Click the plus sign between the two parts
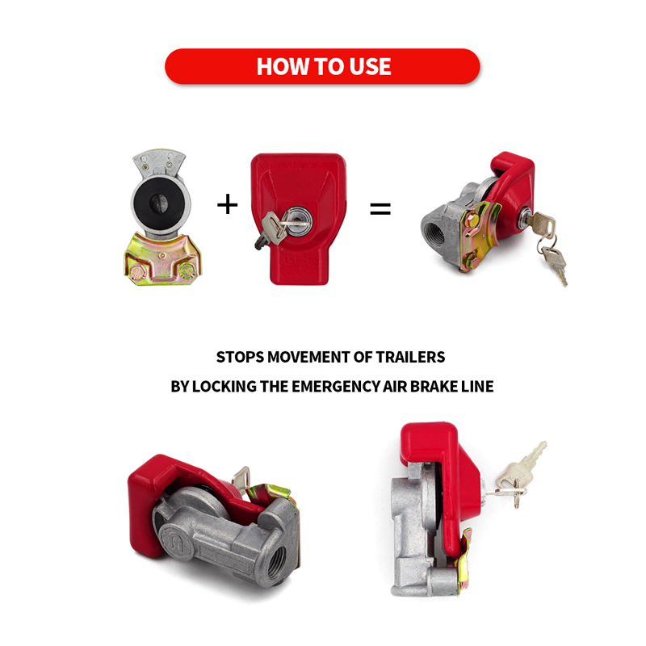(x=228, y=204)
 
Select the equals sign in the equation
(x=380, y=208)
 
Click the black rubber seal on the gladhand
(x=160, y=203)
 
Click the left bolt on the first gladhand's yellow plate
(x=135, y=271)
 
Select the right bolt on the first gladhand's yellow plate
(x=187, y=270)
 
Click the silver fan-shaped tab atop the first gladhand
(x=159, y=164)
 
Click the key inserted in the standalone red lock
(x=271, y=229)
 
